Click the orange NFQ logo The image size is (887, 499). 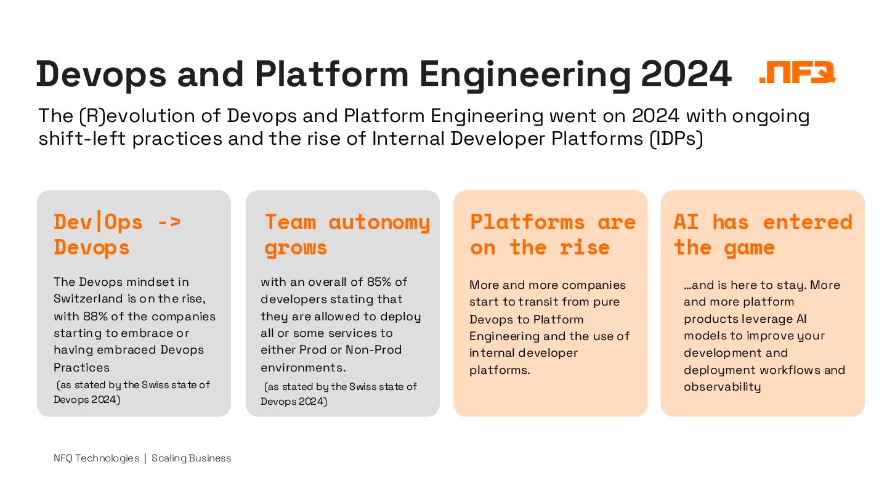tap(798, 73)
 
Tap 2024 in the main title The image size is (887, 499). tap(686, 75)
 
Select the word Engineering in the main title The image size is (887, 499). tap(525, 75)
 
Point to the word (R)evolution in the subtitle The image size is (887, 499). tap(128, 116)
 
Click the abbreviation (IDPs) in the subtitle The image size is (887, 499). tap(677, 139)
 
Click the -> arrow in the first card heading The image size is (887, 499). tap(168, 222)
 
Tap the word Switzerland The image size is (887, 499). tap(89, 299)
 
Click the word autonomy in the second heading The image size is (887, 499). tap(379, 222)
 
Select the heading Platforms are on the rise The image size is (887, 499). tap(552, 235)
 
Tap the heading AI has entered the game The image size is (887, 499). tap(763, 235)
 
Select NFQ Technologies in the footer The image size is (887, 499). tap(96, 458)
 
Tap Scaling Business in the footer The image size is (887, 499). tap(191, 458)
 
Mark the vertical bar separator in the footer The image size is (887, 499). tap(145, 458)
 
